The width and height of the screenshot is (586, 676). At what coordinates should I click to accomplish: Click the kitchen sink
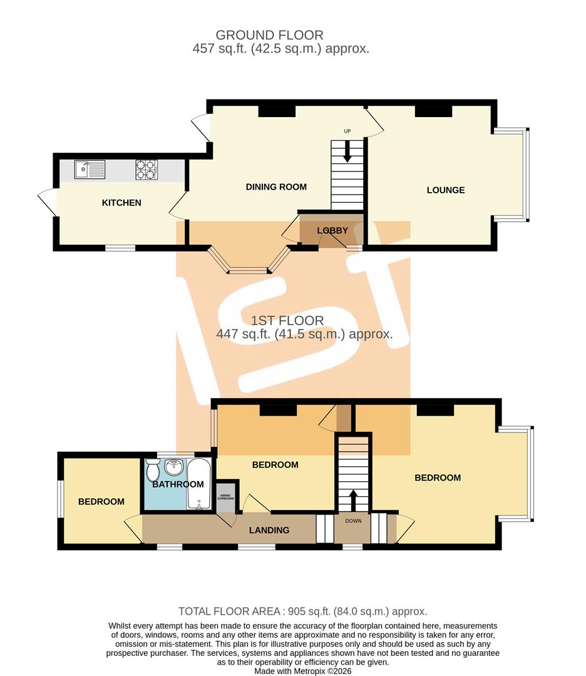tap(90, 170)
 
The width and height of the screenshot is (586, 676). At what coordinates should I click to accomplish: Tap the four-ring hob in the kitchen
tap(146, 170)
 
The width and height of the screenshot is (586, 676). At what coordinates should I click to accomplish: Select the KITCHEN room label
tap(121, 203)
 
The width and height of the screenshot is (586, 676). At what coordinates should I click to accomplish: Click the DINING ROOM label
tap(276, 187)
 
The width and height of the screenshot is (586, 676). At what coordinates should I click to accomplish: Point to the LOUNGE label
tap(446, 190)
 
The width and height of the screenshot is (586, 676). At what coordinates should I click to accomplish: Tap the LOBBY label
tap(332, 230)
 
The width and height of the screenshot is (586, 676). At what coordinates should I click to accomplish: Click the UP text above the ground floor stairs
tap(347, 131)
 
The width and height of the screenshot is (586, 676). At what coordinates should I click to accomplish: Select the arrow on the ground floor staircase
tap(347, 153)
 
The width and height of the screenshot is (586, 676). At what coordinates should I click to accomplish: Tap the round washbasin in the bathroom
tap(174, 466)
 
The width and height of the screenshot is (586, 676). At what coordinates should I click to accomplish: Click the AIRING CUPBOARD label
tap(226, 497)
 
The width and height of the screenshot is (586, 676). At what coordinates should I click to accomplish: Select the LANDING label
tap(269, 530)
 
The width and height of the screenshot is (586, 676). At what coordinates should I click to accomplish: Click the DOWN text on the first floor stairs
tap(353, 520)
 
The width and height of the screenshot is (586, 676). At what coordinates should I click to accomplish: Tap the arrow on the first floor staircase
tap(353, 499)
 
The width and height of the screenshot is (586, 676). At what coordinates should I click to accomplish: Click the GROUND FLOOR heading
tap(269, 35)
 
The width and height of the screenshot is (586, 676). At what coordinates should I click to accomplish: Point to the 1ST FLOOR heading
tap(287, 320)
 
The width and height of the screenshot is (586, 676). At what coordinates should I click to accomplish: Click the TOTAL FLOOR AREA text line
tap(302, 612)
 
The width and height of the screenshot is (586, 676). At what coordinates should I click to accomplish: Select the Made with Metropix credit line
tap(304, 671)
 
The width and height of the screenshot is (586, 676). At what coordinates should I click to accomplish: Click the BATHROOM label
tap(178, 484)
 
